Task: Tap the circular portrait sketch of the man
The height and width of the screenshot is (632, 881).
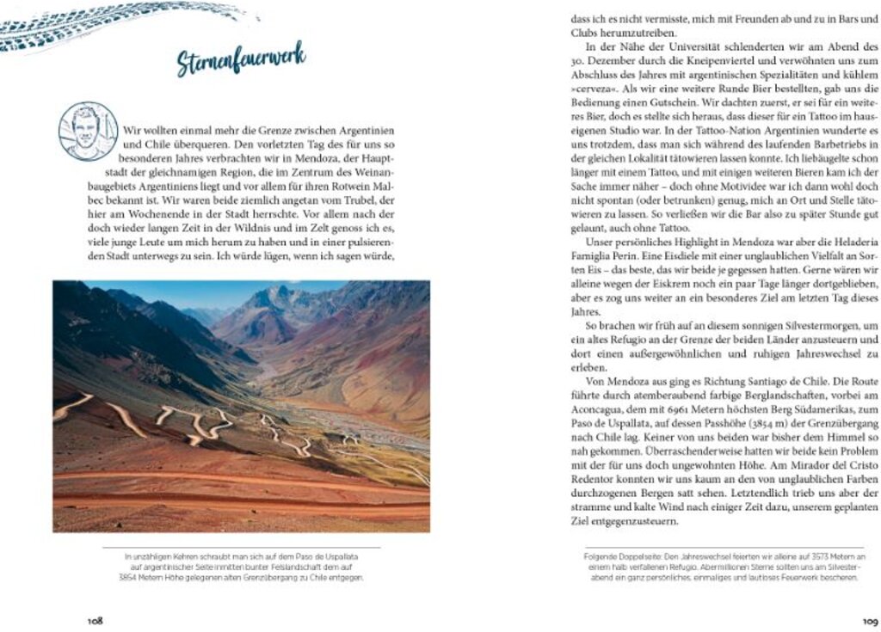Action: point(88,131)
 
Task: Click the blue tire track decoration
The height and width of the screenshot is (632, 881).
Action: point(112,26)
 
